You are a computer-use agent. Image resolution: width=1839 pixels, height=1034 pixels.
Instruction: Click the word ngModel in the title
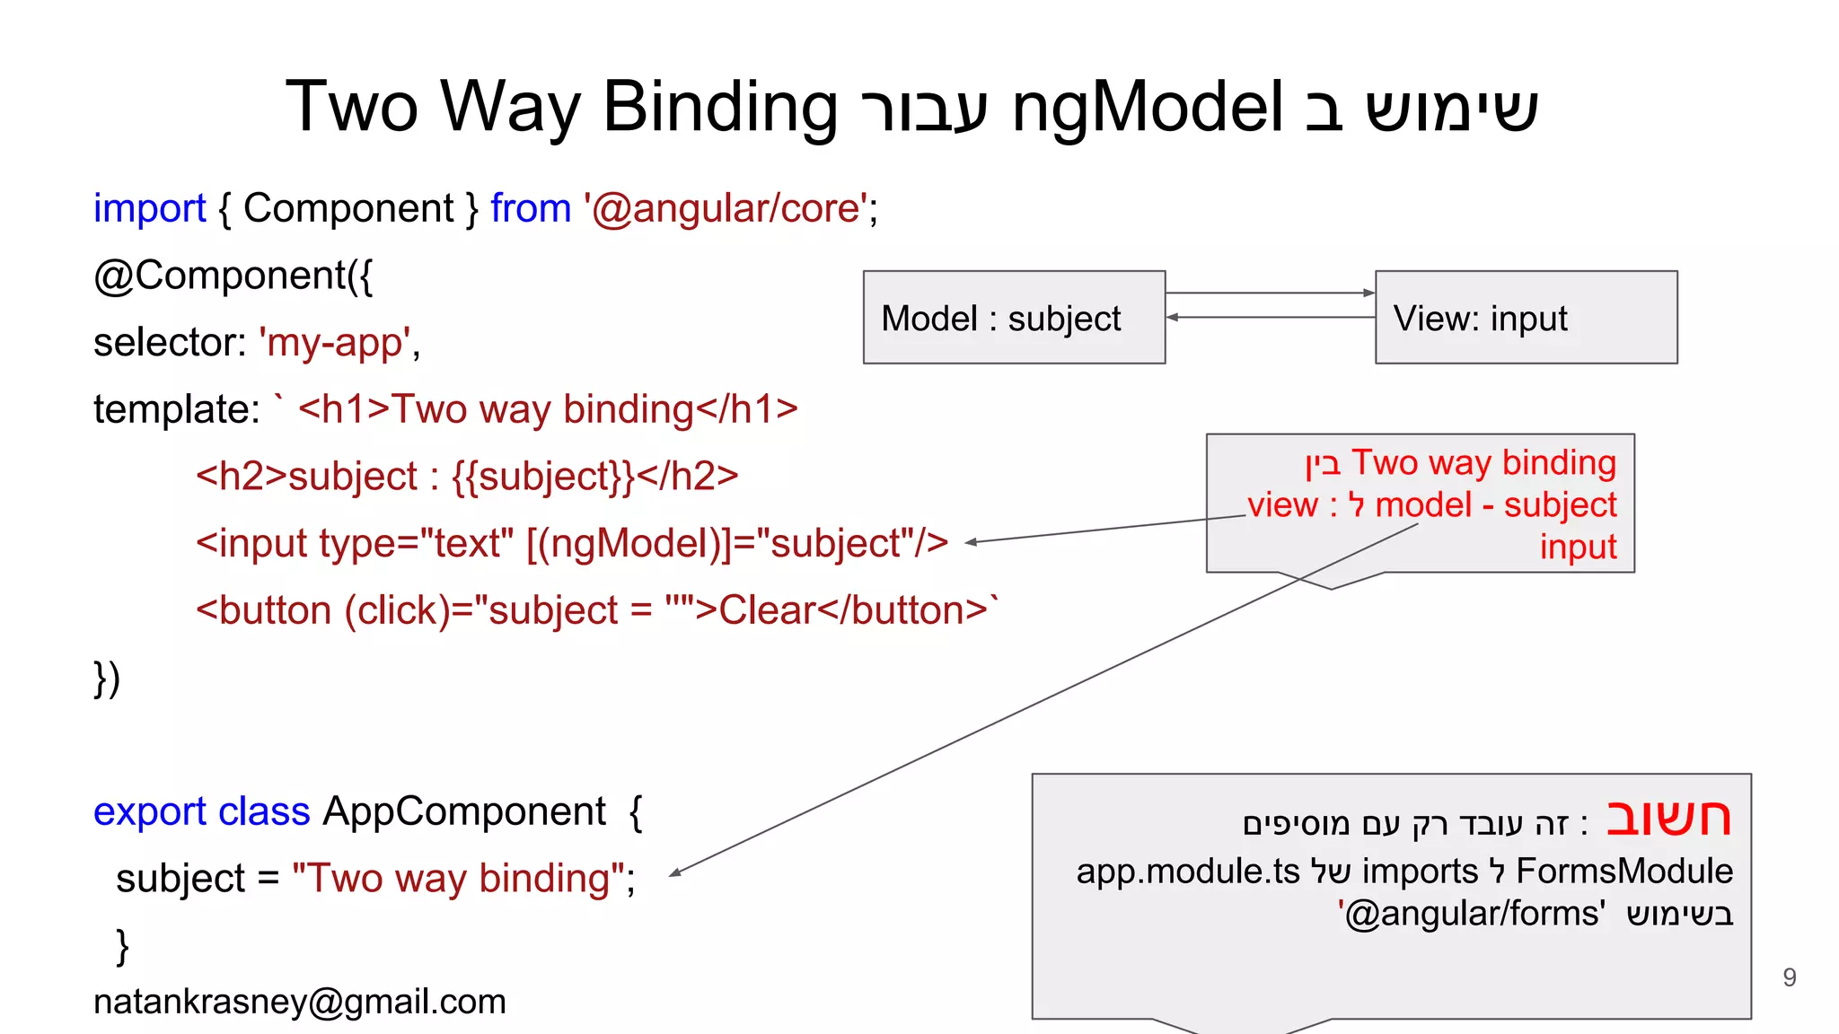click(x=1147, y=108)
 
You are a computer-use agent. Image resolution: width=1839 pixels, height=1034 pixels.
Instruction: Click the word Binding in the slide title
click(x=720, y=108)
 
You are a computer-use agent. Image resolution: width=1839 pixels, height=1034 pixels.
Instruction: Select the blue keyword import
click(x=149, y=208)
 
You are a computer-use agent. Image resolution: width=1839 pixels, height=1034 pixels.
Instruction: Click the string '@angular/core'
click(x=726, y=208)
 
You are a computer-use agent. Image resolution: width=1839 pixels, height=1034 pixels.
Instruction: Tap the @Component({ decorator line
click(x=233, y=276)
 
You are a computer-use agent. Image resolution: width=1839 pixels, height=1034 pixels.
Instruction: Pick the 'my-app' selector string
click(x=335, y=343)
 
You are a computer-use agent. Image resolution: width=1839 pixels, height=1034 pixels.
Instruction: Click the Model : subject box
click(x=1014, y=318)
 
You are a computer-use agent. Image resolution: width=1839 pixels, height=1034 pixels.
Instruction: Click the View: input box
click(x=1526, y=318)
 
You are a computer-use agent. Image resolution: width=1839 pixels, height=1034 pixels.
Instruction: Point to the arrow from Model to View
click(x=1270, y=293)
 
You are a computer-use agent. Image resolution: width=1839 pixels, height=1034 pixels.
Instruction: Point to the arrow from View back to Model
click(x=1270, y=317)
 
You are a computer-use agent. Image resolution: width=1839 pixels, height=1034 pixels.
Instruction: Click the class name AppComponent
click(x=463, y=811)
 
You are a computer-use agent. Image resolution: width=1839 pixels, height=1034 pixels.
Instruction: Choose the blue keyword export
click(x=150, y=812)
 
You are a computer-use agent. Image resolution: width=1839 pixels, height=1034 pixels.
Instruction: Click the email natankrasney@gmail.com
click(x=300, y=1002)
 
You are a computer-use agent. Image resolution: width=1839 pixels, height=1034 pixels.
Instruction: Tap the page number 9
click(x=1789, y=977)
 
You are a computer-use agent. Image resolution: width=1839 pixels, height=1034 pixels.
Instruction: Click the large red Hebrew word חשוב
click(x=1667, y=818)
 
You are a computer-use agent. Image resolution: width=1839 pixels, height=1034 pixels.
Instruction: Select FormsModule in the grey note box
click(x=1624, y=872)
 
